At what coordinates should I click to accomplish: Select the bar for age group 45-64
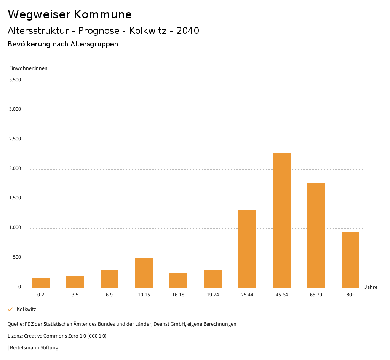[x=281, y=220]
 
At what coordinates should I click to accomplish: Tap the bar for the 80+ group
[x=350, y=260]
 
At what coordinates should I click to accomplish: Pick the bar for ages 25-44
[x=247, y=249]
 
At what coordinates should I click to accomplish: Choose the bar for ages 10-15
[x=144, y=272]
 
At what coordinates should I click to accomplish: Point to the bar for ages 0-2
[x=40, y=283]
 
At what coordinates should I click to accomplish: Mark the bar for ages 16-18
[x=178, y=280]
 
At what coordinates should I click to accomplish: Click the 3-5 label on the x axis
[x=75, y=295]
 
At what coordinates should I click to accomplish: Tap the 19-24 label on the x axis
[x=213, y=295]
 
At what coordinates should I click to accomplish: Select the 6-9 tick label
[x=109, y=295]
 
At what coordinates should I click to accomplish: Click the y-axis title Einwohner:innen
[x=28, y=68]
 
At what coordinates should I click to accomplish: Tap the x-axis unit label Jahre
[x=371, y=287]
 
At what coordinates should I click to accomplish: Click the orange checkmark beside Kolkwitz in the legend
[x=10, y=309]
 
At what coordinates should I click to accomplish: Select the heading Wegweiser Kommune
[x=70, y=14]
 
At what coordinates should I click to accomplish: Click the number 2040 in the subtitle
[x=188, y=31]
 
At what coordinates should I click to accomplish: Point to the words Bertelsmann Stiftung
[x=34, y=347]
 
